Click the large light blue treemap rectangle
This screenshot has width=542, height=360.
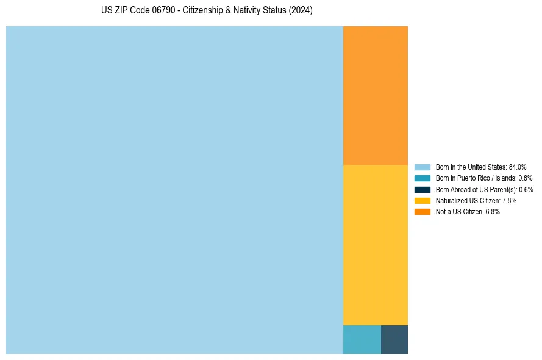coord(174,190)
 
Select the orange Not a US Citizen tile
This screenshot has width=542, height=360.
coord(375,95)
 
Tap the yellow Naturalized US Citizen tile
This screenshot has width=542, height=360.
coord(375,245)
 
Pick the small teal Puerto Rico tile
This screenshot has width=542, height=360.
coord(362,339)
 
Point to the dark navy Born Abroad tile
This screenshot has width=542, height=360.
coord(394,339)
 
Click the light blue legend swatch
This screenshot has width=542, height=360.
coord(422,167)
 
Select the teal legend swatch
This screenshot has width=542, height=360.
coord(422,178)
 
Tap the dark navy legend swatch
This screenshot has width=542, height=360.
coord(422,189)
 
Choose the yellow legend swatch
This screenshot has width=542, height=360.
coord(422,200)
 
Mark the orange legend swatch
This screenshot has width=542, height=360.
coord(422,212)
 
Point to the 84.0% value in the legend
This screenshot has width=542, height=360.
coord(518,167)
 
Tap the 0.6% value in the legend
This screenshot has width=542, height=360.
coord(525,189)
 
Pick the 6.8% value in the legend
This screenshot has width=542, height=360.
coord(492,212)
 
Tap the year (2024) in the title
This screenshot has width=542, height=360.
coord(301,11)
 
